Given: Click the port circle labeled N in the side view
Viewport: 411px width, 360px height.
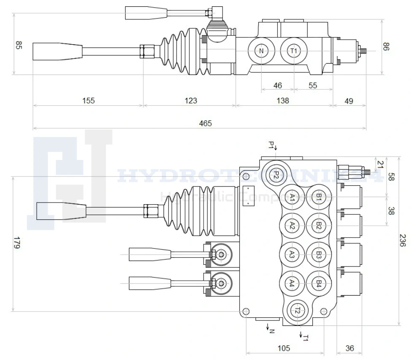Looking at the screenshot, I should pos(261,51).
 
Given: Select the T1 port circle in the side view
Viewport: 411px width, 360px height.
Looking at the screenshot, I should pos(294,51).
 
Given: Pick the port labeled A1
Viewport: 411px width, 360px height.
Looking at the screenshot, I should pos(292,197).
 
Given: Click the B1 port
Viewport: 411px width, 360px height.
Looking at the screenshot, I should pos(319,197).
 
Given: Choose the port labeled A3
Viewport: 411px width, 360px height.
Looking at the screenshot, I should pos(292,254).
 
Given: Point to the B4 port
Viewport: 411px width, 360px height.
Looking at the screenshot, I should pos(319,283).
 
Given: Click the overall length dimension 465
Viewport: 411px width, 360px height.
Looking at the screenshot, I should pos(205,123).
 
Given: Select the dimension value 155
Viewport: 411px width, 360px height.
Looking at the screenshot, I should pos(89,101).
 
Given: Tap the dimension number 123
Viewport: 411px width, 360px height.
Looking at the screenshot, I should pos(191,101).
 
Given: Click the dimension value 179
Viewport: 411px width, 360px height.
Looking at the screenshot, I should pos(16,243).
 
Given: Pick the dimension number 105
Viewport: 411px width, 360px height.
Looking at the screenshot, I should pos(284,348).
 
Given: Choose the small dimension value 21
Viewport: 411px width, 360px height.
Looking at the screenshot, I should pos(381,163).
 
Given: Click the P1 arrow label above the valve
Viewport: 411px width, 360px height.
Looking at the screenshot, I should pos(272,146).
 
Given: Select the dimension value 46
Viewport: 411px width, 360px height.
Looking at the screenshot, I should pos(277,85).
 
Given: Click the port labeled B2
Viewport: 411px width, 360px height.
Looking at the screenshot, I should pos(319,226).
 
